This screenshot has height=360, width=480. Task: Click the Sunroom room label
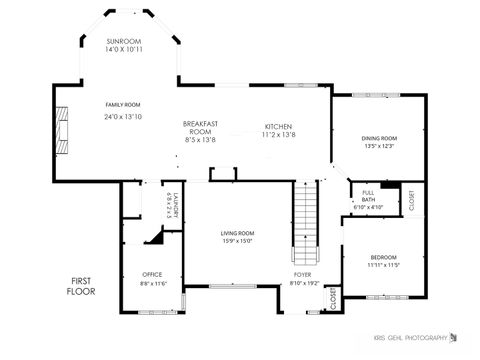124,41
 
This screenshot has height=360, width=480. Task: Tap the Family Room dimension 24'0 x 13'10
124,117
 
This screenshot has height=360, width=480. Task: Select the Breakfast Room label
200,127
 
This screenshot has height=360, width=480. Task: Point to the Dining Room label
379,138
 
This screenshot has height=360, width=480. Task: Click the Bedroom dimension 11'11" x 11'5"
382,266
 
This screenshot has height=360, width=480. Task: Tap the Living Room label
237,233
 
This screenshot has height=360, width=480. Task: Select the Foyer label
302,274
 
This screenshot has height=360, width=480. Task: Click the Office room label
152,274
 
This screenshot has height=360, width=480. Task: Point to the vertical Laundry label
174,205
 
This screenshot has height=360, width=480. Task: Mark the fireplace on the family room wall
63,130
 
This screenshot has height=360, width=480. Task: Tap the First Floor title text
81,285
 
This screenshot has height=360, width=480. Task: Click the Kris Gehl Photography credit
411,339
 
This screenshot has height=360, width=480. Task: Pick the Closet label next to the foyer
333,298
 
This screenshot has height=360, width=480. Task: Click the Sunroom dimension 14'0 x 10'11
124,49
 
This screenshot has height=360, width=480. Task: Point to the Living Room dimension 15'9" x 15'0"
237,240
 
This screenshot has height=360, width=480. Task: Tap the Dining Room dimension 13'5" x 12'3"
379,146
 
